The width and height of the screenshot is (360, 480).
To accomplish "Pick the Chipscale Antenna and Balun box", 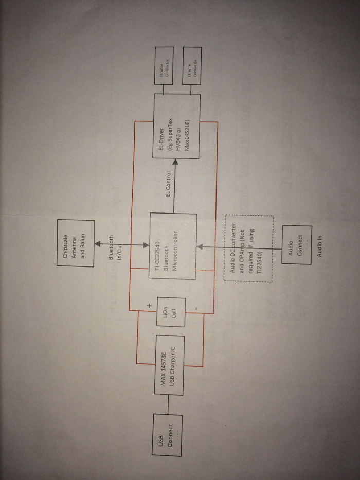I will [76, 243].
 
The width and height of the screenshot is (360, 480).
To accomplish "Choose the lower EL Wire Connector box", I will [192, 66].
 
